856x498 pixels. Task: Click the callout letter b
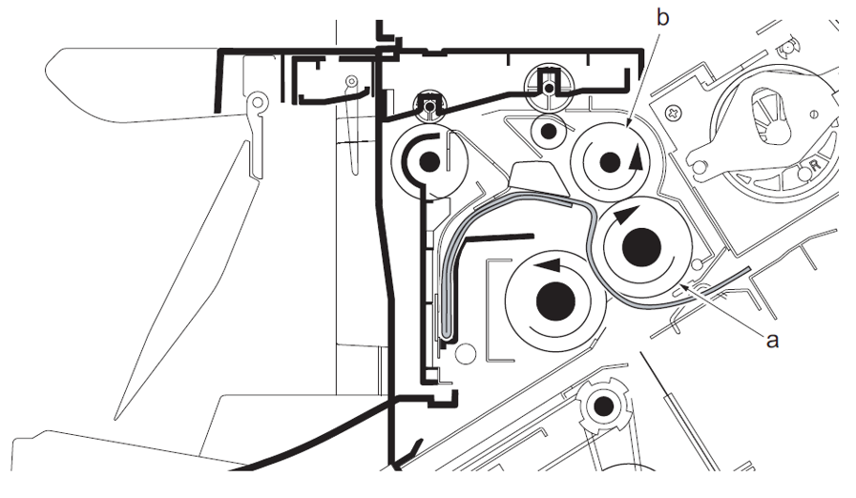point(662,18)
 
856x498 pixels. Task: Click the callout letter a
point(772,341)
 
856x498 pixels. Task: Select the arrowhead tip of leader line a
point(679,284)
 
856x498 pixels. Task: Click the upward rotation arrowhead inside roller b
point(636,157)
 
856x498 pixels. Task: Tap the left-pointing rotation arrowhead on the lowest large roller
point(548,265)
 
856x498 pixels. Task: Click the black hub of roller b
point(610,162)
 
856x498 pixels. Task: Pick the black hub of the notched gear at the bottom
point(604,406)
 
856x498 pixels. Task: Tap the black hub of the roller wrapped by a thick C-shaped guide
point(429,161)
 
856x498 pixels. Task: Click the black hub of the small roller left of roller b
point(549,131)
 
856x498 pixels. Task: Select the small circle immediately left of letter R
point(804,175)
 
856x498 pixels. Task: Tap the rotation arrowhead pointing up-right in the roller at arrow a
point(627,214)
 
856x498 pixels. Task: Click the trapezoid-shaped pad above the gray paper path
point(536,178)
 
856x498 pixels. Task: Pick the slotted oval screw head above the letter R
point(814,114)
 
